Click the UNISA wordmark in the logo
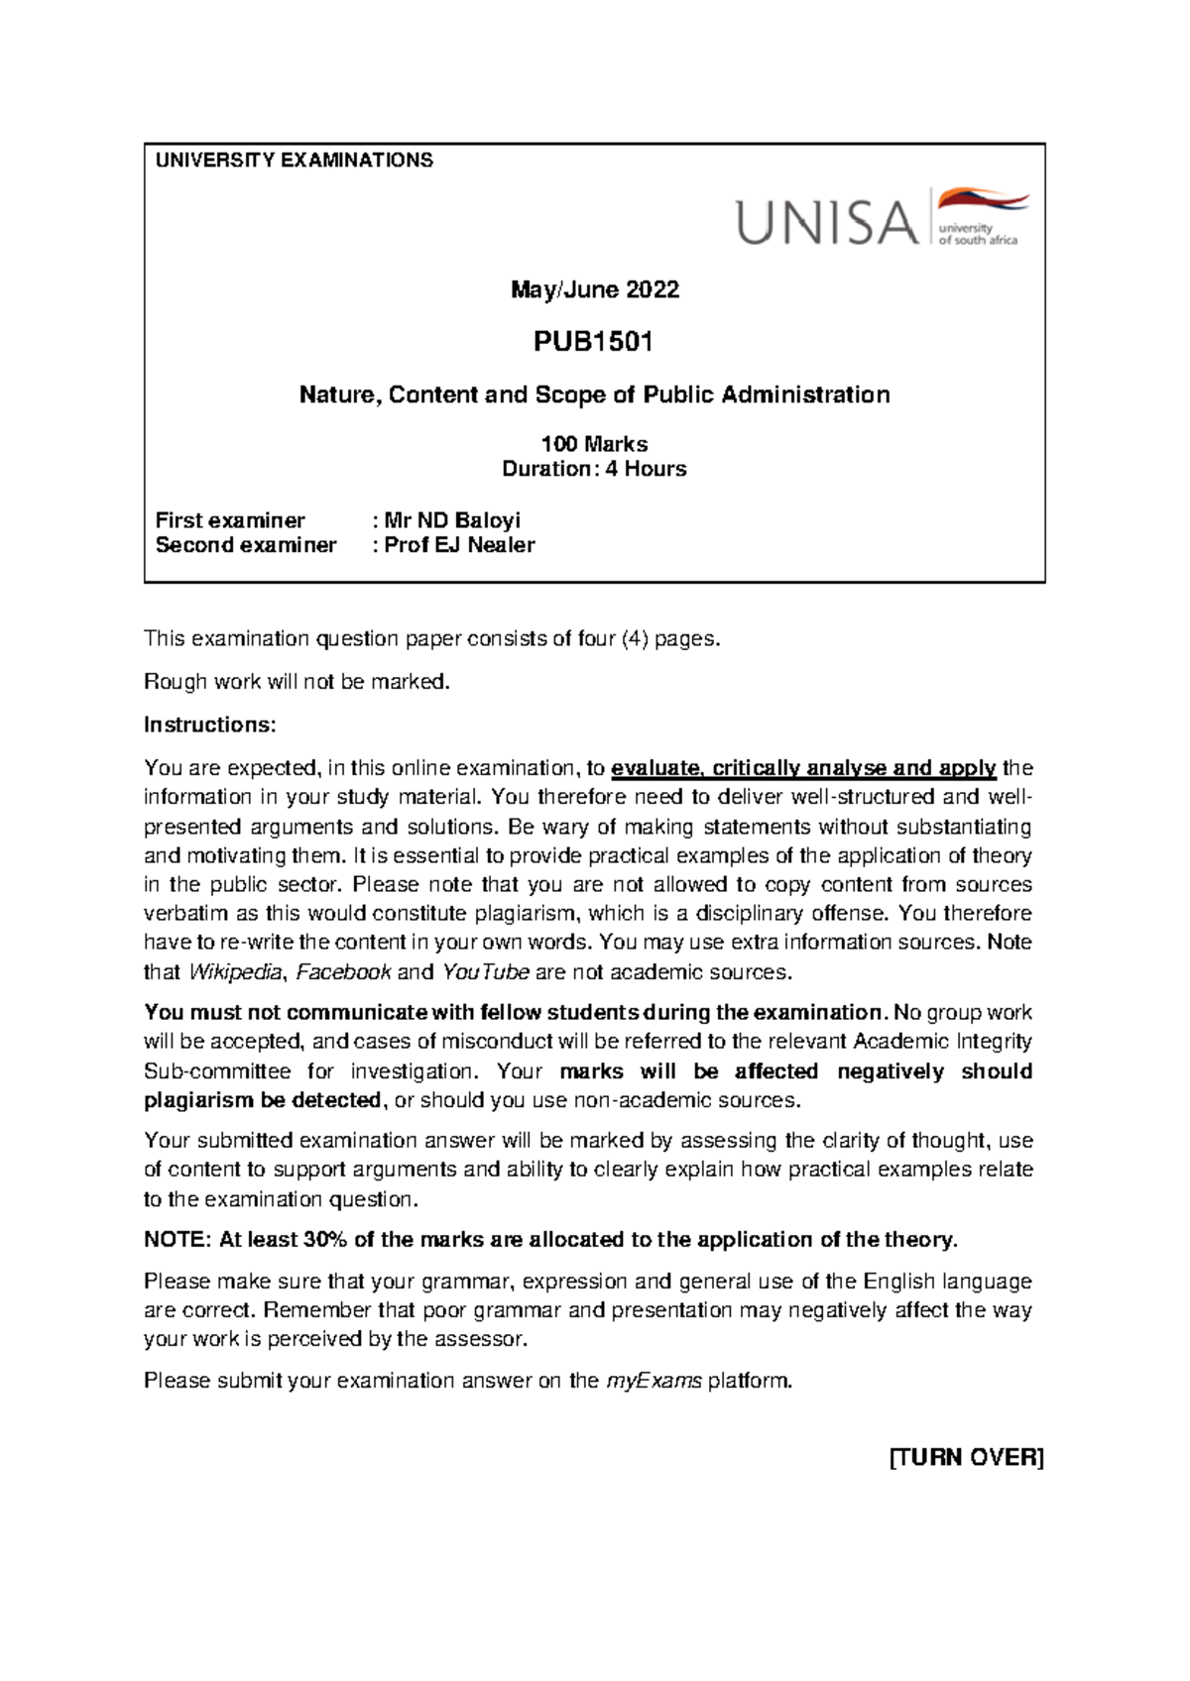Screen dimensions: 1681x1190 (x=826, y=222)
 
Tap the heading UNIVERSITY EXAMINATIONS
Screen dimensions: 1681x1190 (x=295, y=161)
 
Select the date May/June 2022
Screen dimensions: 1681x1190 (x=594, y=289)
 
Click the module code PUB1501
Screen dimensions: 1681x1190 (x=593, y=342)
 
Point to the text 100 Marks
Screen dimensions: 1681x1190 (x=594, y=444)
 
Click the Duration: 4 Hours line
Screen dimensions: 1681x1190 (x=594, y=469)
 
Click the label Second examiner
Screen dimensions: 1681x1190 (x=246, y=545)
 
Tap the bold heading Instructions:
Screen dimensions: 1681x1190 (x=209, y=725)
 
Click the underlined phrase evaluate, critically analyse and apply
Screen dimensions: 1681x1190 (x=803, y=768)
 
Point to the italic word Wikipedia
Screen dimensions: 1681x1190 (x=235, y=972)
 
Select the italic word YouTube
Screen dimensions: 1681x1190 (x=485, y=972)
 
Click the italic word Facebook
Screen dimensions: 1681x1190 (x=343, y=972)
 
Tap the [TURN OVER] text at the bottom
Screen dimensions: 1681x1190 (x=966, y=1458)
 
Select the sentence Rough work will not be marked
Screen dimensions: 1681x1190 (x=297, y=682)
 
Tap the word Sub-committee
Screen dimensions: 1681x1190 (x=217, y=1071)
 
